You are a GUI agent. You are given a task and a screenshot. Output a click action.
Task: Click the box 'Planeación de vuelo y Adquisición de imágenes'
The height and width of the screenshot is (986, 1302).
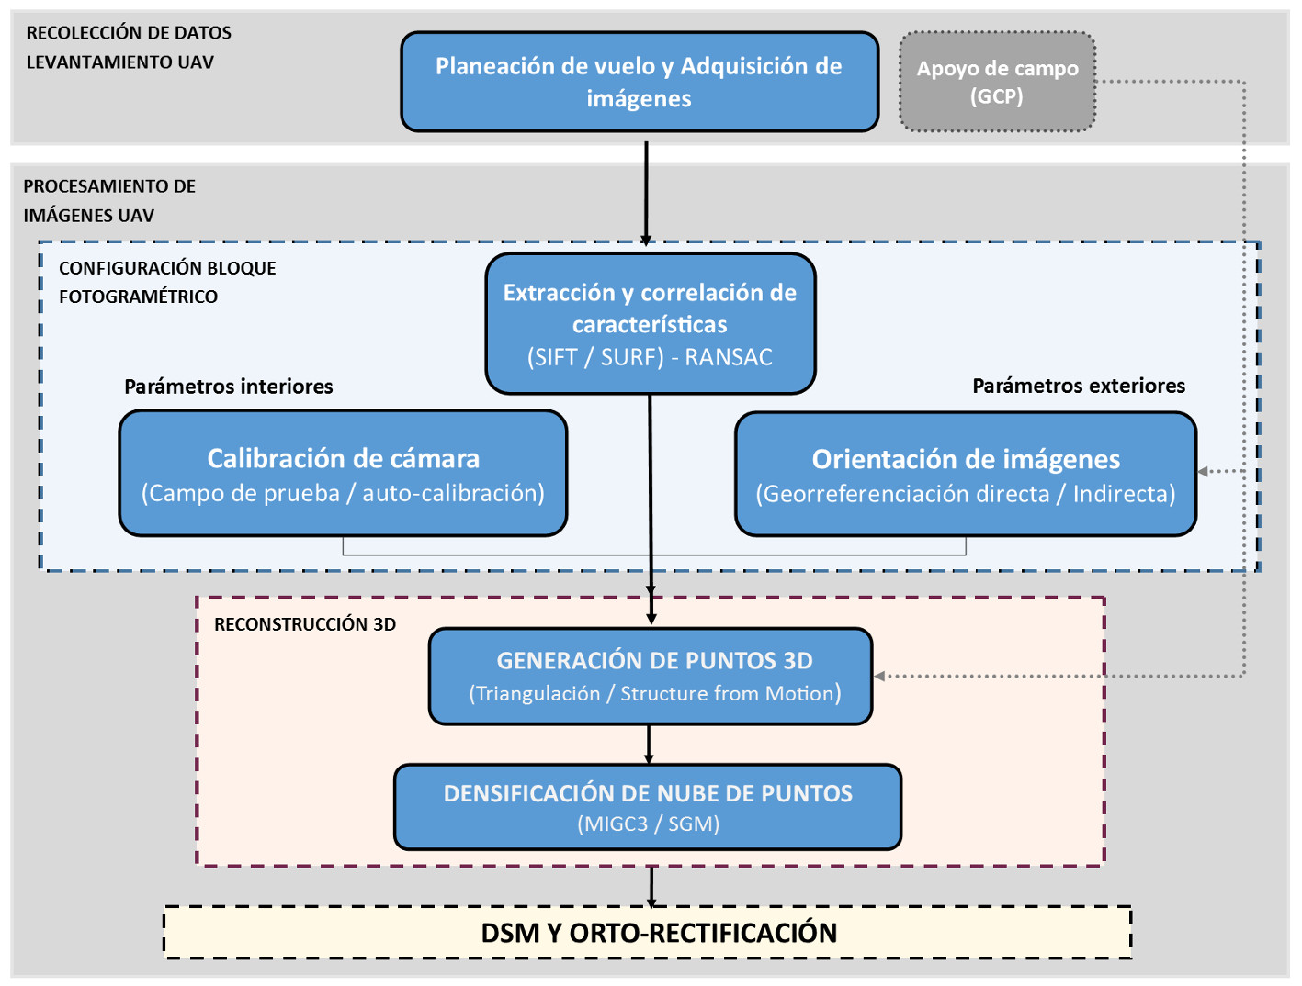(640, 82)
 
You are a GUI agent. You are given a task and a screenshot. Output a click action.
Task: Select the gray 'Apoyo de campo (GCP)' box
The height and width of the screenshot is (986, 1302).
(997, 82)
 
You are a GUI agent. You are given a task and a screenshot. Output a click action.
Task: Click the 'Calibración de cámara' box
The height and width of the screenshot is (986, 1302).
(343, 473)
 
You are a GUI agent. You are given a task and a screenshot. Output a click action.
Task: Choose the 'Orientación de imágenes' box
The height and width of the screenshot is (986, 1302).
(966, 474)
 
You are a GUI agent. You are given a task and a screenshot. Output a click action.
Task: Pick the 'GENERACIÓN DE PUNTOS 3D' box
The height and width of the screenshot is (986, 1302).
(651, 677)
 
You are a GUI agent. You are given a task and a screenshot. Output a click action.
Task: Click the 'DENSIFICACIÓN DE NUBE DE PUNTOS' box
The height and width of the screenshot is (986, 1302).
(648, 807)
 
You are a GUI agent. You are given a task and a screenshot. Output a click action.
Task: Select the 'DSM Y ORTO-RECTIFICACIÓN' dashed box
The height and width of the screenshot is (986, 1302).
(648, 933)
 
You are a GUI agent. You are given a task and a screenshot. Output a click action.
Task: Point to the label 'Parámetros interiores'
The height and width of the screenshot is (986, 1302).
(229, 387)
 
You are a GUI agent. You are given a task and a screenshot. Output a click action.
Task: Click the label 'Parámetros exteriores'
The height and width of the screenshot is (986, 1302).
(1079, 386)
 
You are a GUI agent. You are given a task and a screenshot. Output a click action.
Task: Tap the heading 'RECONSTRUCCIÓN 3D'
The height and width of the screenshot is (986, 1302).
(305, 624)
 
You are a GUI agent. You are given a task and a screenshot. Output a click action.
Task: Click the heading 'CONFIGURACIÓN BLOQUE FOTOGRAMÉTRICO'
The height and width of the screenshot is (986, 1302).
(167, 282)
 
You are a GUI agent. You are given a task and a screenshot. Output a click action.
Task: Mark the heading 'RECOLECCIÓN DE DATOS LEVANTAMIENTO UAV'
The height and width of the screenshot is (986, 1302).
(129, 47)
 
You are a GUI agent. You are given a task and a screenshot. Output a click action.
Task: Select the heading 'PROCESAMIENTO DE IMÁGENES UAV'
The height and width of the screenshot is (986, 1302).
(109, 200)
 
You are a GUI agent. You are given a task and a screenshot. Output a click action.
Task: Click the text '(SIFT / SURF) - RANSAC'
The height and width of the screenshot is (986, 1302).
(650, 357)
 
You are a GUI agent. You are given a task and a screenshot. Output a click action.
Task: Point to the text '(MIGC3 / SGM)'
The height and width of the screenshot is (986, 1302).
(648, 824)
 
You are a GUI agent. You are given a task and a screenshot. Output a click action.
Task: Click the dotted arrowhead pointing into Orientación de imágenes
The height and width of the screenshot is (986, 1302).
(1204, 471)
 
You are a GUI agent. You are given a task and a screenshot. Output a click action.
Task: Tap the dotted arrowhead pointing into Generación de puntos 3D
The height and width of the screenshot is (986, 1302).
(879, 677)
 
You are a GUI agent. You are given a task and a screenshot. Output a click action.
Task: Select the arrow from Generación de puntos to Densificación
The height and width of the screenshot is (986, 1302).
(649, 745)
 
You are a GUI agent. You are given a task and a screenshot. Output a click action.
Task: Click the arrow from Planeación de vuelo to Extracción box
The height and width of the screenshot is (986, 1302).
(646, 193)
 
